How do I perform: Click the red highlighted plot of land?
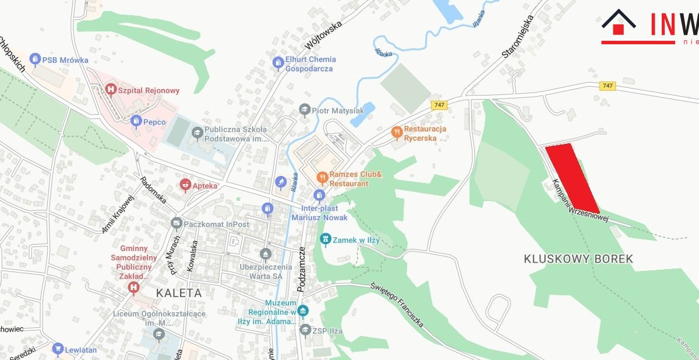(573, 178)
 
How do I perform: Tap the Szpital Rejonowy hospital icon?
(111, 90)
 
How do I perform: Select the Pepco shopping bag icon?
(136, 122)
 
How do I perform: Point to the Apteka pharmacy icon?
(185, 186)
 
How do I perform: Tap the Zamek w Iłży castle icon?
(326, 238)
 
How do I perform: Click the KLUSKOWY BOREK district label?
(578, 259)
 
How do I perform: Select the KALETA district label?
(179, 293)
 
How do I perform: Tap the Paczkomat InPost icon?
(176, 224)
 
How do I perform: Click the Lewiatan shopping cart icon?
(58, 350)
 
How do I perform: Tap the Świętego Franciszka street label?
(399, 304)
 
